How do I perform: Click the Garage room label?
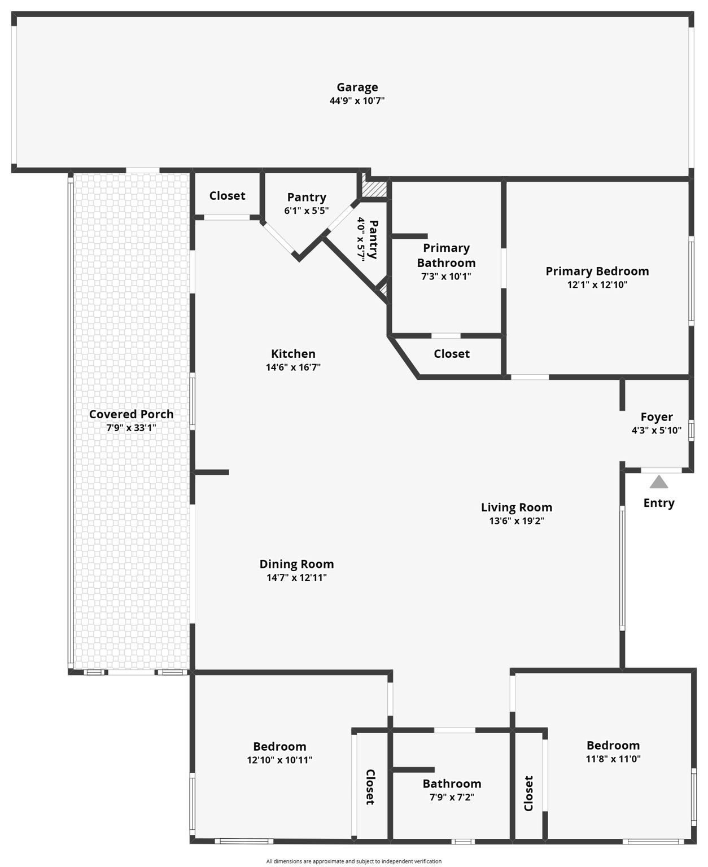(357, 87)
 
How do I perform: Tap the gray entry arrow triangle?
(658, 483)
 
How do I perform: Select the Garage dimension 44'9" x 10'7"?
(357, 101)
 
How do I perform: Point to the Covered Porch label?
(131, 414)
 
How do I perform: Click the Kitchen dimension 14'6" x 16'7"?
(293, 367)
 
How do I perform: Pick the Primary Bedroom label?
(597, 271)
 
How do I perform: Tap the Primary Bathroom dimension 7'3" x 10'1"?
(446, 277)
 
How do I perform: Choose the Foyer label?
(656, 417)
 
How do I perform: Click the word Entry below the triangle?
(658, 503)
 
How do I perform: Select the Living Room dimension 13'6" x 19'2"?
(516, 521)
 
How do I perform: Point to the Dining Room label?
(296, 564)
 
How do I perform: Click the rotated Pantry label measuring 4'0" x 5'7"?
(373, 239)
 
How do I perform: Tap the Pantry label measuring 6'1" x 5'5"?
(307, 197)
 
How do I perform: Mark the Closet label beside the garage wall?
(227, 196)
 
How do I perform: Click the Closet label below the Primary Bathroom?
(451, 354)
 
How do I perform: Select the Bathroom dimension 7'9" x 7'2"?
(452, 798)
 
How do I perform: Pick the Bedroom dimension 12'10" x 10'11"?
(279, 760)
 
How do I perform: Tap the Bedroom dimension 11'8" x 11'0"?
(613, 759)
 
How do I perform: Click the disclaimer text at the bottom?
(353, 861)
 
